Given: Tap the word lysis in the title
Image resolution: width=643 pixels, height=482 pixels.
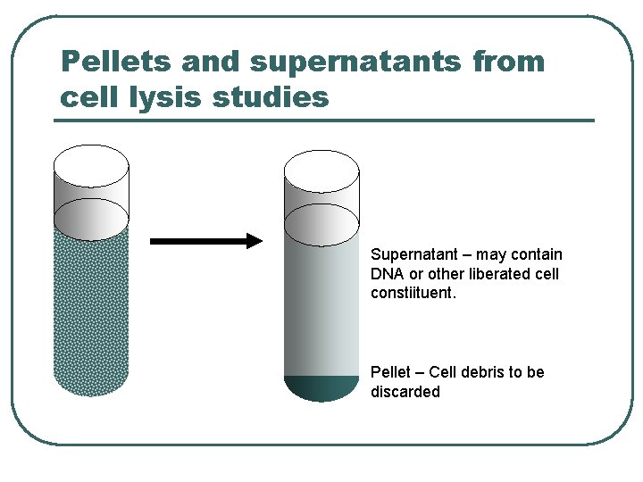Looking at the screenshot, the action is click(x=166, y=96).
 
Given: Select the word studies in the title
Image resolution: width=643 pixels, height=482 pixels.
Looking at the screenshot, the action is click(x=271, y=96).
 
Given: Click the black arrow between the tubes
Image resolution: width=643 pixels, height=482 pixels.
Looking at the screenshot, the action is click(x=205, y=240).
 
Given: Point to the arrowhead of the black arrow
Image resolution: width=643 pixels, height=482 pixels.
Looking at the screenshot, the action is click(x=255, y=240).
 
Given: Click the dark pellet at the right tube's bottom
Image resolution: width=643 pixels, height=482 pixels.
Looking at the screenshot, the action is click(x=321, y=387).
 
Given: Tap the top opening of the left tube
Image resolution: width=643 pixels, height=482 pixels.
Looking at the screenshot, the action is click(x=91, y=166).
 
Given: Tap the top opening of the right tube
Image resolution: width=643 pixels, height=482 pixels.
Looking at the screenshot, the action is click(x=321, y=169).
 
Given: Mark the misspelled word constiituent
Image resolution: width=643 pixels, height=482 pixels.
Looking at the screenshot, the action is click(x=413, y=293).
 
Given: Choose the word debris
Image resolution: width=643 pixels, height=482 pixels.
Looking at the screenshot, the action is click(x=483, y=372).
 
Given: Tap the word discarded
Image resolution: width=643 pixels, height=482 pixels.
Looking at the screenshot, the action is click(x=405, y=392).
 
